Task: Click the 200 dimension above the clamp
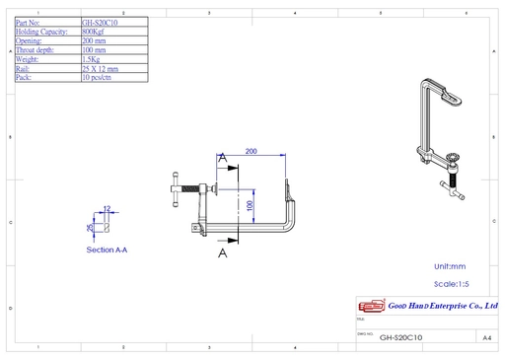pos(252,151)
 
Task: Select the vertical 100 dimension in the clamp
pos(251,204)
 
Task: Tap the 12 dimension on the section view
pos(107,209)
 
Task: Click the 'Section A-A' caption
pos(107,251)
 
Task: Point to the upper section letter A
pos(224,158)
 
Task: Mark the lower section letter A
pos(223,252)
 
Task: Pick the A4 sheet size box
pos(486,337)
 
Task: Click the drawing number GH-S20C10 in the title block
pos(400,337)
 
